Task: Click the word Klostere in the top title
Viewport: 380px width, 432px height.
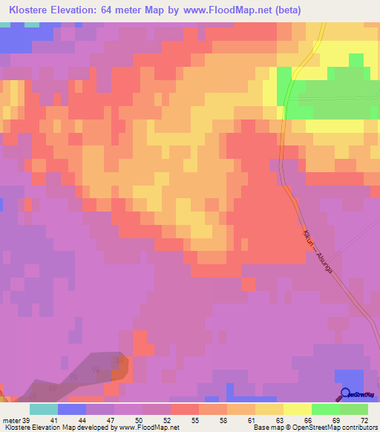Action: pyautogui.click(x=33, y=10)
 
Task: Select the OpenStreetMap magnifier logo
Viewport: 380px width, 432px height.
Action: pyautogui.click(x=347, y=395)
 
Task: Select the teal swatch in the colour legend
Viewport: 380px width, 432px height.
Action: pyautogui.click(x=43, y=409)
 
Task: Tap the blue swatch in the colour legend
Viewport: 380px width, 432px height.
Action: pyautogui.click(x=71, y=409)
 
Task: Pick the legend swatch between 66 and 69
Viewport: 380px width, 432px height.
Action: pyautogui.click(x=325, y=409)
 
